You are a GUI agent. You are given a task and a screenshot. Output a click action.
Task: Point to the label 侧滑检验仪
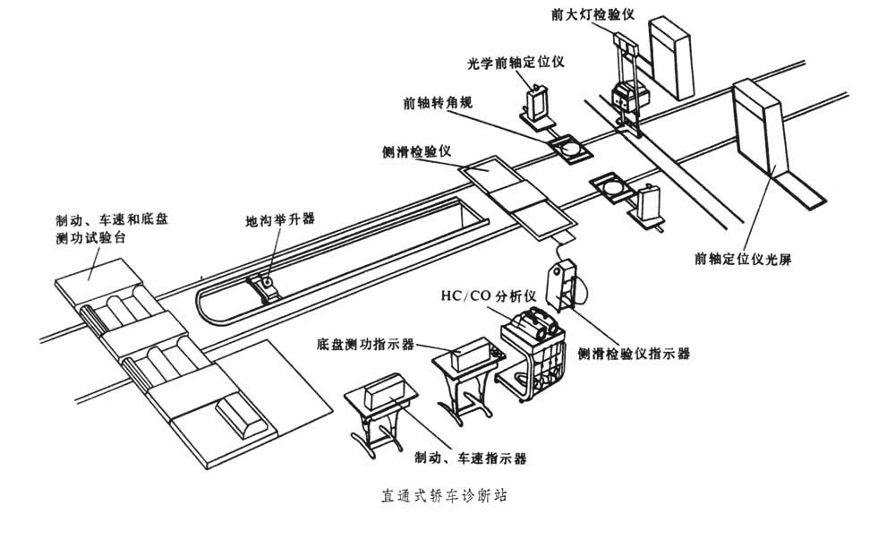pos(413,152)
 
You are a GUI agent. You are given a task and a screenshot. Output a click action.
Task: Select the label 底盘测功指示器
pos(364,342)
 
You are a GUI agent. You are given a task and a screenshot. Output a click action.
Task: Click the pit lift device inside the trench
pos(266,286)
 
